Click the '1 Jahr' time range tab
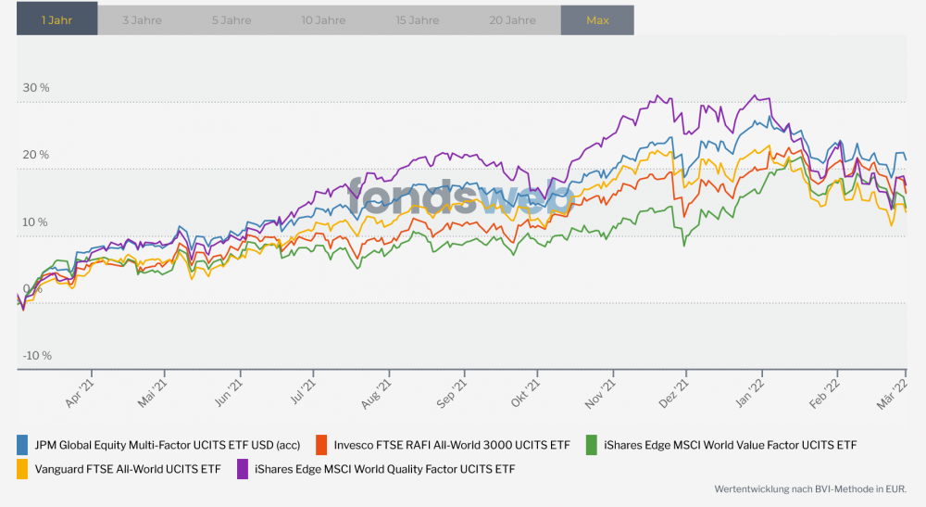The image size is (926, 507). pyautogui.click(x=56, y=19)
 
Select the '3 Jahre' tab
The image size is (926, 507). pyautogui.click(x=142, y=19)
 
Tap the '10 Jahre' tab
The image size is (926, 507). pyautogui.click(x=324, y=19)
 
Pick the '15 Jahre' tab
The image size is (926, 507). pyautogui.click(x=418, y=19)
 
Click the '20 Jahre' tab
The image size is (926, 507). pyautogui.click(x=513, y=19)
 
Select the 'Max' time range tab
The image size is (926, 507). pyautogui.click(x=597, y=19)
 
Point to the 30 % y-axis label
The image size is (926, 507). pyautogui.click(x=37, y=88)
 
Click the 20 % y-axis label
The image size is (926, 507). pyautogui.click(x=37, y=155)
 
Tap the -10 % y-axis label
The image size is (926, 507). pyautogui.click(x=37, y=356)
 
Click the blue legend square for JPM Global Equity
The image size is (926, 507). pyautogui.click(x=24, y=445)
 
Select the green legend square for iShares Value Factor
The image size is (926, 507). pyautogui.click(x=591, y=445)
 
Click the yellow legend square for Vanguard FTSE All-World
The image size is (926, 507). pyautogui.click(x=24, y=469)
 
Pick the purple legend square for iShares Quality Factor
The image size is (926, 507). pyautogui.click(x=244, y=469)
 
